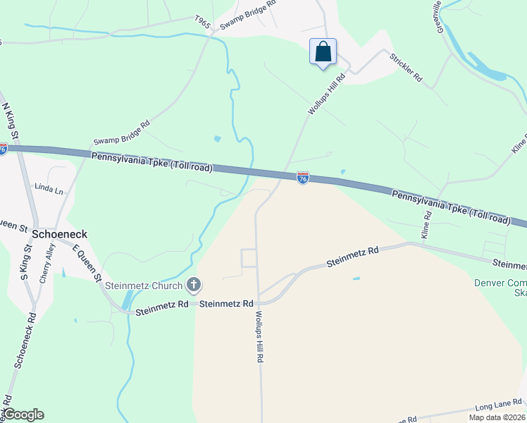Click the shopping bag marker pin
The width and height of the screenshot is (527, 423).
coord(323,52)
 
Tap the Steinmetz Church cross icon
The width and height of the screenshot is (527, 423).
coord(194,286)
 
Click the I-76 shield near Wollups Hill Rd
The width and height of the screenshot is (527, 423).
coord(302,179)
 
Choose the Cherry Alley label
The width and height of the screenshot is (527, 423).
coord(46,263)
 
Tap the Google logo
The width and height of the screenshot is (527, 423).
coord(23,414)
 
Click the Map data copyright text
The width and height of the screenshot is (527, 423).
coord(497,417)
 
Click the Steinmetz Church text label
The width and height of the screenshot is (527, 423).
coord(144,286)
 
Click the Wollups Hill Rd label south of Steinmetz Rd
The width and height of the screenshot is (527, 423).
coord(259,336)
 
